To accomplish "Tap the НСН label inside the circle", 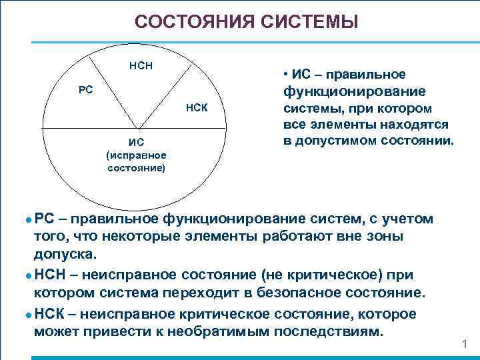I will tap(141, 66).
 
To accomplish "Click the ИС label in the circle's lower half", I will tap(136, 141).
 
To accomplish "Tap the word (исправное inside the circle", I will tap(136, 155).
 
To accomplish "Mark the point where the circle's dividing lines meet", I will tap(138, 127).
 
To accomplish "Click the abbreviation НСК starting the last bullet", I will tap(50, 314).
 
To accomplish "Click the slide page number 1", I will tap(465, 344).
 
